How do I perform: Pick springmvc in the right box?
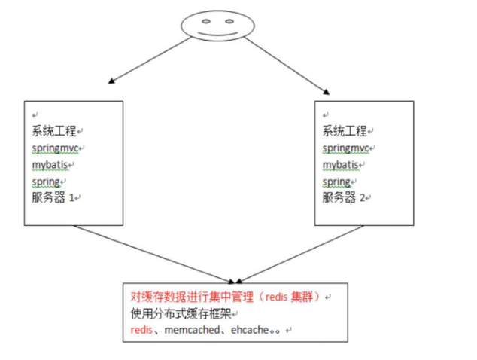(x=345, y=148)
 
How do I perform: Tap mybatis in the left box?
(x=49, y=164)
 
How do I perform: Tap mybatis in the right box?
(x=339, y=164)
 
